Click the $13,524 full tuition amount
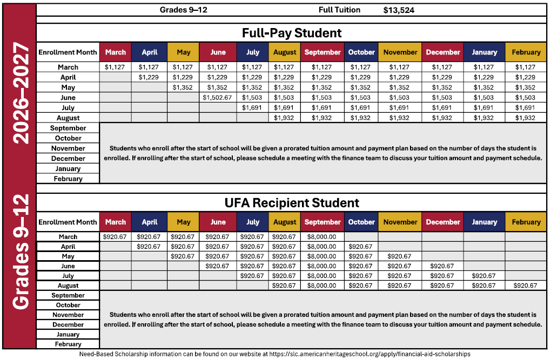(x=399, y=10)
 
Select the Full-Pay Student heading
(x=292, y=33)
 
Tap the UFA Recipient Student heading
(x=292, y=203)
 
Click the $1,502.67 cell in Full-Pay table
(x=218, y=98)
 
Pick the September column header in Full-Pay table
(x=322, y=52)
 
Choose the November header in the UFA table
(x=400, y=222)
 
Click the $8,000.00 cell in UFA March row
(x=322, y=236)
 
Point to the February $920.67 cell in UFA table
(x=526, y=286)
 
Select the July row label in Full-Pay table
(x=68, y=108)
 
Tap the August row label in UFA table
(x=68, y=286)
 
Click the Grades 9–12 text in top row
(x=184, y=10)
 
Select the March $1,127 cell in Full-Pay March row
(x=115, y=67)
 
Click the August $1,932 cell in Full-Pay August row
(x=285, y=118)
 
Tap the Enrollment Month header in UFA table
(x=68, y=222)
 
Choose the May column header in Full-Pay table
(x=184, y=52)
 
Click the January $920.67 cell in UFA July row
(x=484, y=276)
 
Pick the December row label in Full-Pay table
(x=68, y=159)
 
